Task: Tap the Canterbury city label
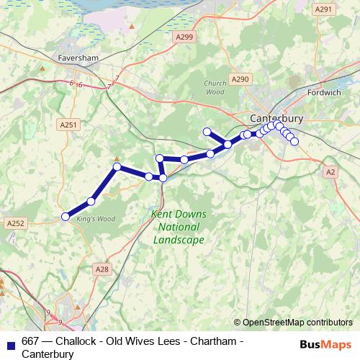pyautogui.click(x=276, y=117)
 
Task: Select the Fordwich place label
pyautogui.click(x=330, y=93)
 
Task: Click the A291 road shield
pyautogui.click(x=323, y=9)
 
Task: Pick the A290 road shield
pyautogui.click(x=240, y=78)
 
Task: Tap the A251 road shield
pyautogui.click(x=68, y=125)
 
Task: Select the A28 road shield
pyautogui.click(x=103, y=269)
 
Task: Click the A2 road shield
pyautogui.click(x=330, y=172)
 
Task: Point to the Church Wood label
pyautogui.click(x=215, y=87)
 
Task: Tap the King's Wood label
pyautogui.click(x=96, y=218)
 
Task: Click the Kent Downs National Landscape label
pyautogui.click(x=179, y=227)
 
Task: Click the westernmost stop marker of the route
pyautogui.click(x=65, y=216)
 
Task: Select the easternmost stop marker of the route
pyautogui.click(x=294, y=141)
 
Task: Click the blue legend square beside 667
pyautogui.click(x=10, y=342)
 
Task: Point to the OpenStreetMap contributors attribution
pyautogui.click(x=297, y=323)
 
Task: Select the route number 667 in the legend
pyautogui.click(x=31, y=341)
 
